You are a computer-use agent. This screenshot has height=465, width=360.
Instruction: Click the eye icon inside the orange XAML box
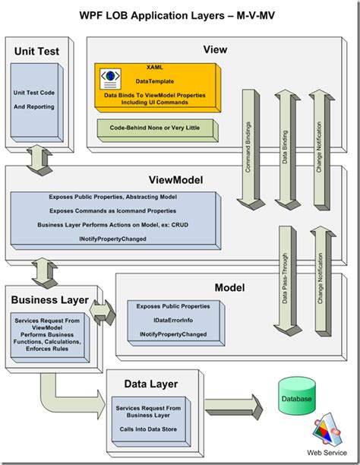(x=112, y=77)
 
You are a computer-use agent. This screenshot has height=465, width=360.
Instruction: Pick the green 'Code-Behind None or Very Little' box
(x=156, y=128)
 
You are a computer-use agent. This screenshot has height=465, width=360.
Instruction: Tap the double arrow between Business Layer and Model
(x=103, y=310)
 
